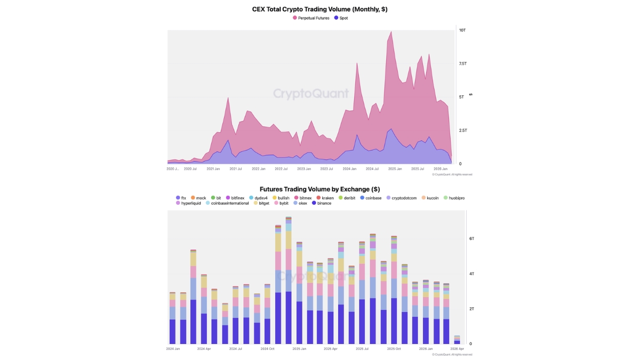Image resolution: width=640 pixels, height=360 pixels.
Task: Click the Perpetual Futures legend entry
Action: click(x=311, y=18)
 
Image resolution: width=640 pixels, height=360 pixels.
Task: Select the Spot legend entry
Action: click(x=341, y=18)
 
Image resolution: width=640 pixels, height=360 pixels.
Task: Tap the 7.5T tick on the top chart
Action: click(x=462, y=63)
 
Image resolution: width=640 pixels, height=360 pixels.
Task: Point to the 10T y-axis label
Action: click(x=462, y=30)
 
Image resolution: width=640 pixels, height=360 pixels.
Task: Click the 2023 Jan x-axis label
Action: click(x=304, y=169)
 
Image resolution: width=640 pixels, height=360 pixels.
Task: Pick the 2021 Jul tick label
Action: click(x=236, y=169)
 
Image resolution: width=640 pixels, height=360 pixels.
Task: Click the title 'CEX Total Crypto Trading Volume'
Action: click(x=319, y=9)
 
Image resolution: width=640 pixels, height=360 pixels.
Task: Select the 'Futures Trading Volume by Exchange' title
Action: click(x=319, y=189)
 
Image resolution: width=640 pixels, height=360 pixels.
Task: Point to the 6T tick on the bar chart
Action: click(x=471, y=238)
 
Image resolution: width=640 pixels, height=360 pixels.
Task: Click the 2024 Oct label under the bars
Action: click(x=267, y=348)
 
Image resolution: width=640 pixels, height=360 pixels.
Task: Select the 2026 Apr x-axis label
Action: click(x=457, y=348)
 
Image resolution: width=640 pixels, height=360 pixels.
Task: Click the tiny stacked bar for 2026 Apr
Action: click(x=457, y=340)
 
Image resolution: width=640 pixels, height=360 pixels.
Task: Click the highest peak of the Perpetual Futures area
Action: click(x=391, y=32)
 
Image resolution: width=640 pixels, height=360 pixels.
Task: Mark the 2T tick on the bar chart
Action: click(x=471, y=309)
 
